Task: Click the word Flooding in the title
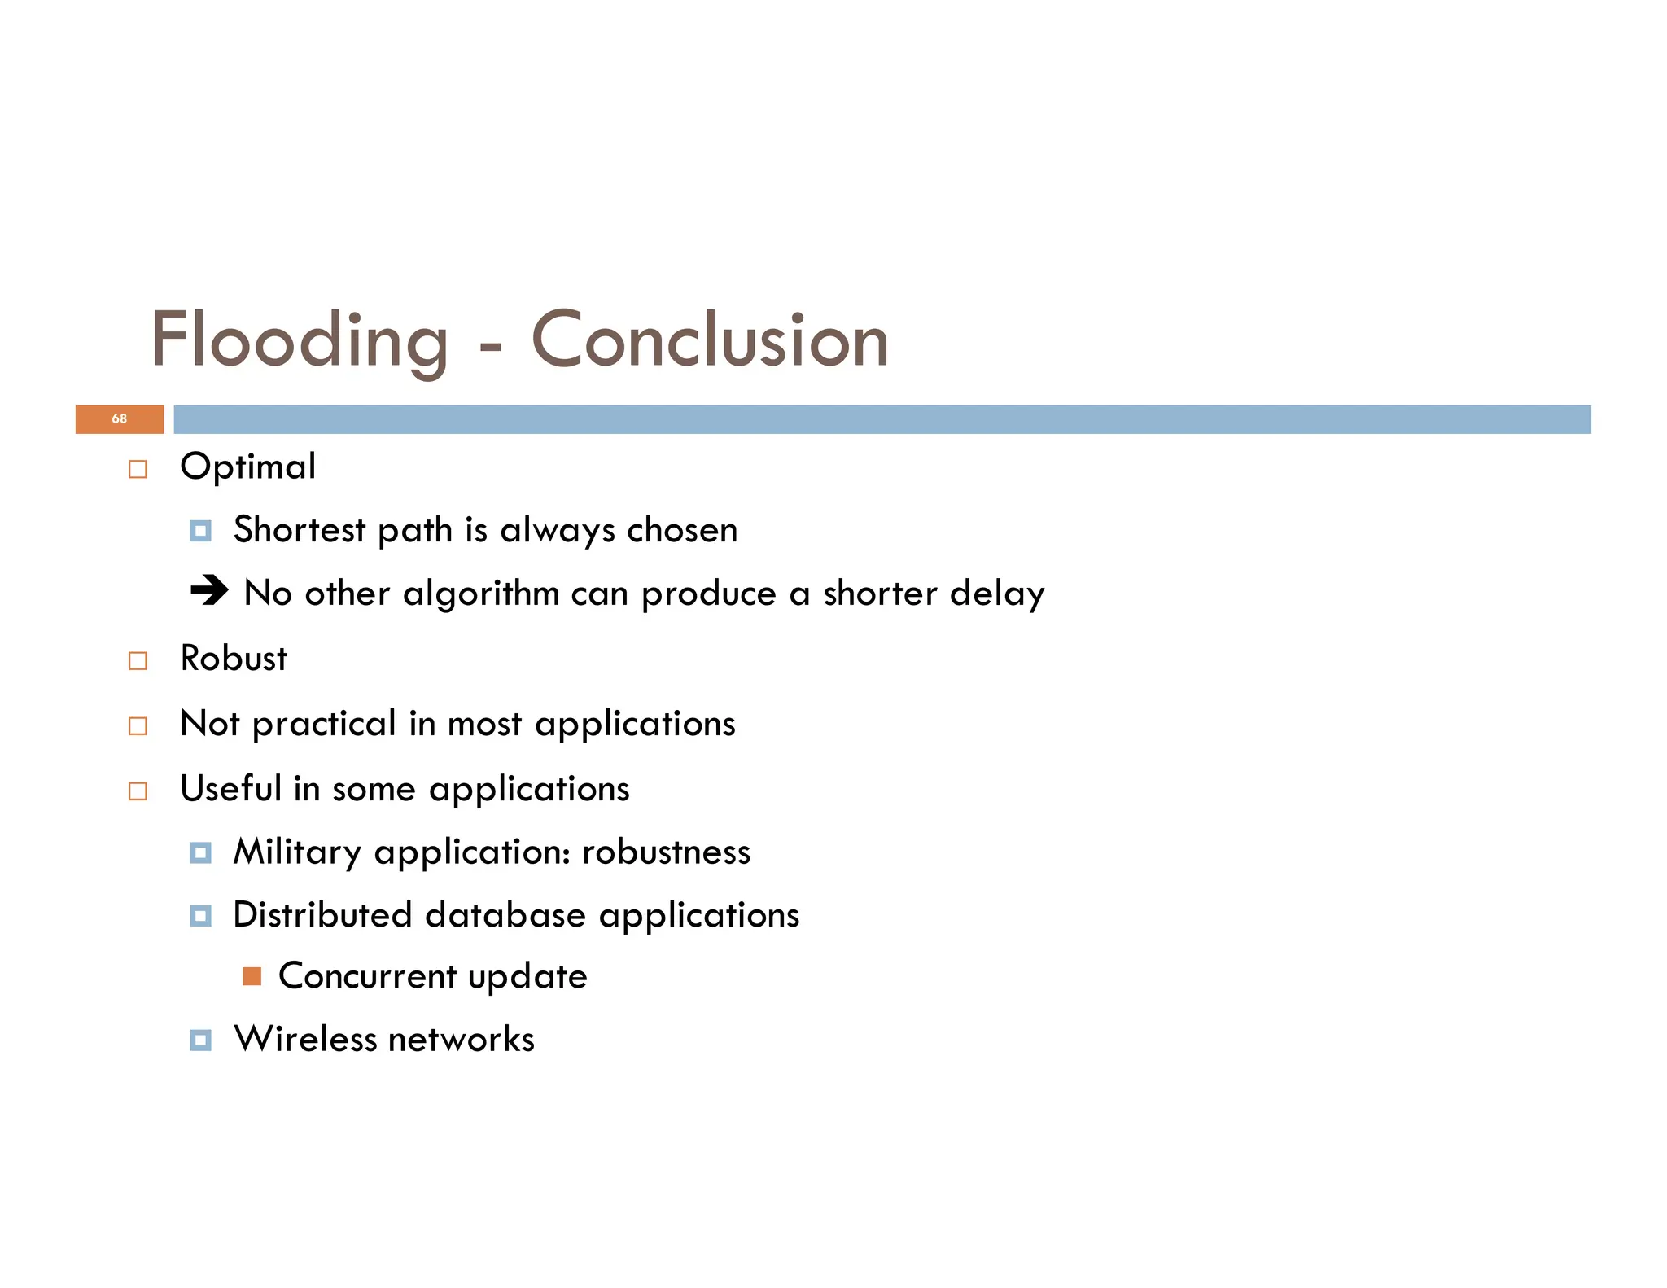point(300,340)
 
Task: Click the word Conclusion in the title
point(710,340)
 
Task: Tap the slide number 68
point(120,418)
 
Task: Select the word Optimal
point(248,467)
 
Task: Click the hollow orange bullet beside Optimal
point(138,470)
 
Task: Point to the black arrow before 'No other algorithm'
point(209,590)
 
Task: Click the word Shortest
point(300,530)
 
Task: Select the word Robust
point(234,659)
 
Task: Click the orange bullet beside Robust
point(138,660)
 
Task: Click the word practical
point(324,724)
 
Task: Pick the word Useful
point(230,788)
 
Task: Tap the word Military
point(297,852)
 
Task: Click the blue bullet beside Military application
point(200,853)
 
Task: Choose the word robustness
point(666,852)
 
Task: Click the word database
point(505,915)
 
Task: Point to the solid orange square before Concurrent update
point(252,976)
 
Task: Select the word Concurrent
point(367,976)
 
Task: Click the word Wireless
point(305,1040)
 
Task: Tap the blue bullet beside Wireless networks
point(200,1040)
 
